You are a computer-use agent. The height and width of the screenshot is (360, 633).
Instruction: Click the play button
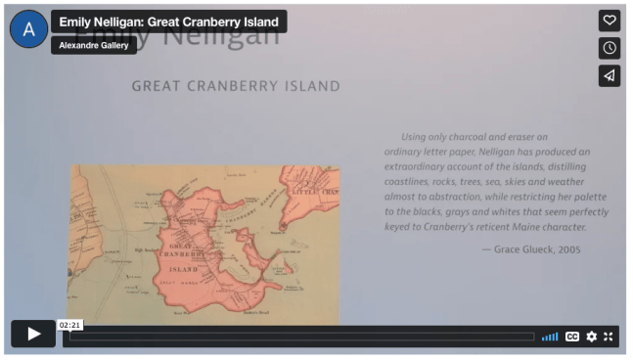click(x=33, y=334)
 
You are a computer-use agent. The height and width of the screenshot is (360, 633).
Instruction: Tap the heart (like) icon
click(x=609, y=21)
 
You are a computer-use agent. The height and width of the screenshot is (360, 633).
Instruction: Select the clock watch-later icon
click(x=609, y=48)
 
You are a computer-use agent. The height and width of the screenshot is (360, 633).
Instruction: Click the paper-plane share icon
click(x=609, y=75)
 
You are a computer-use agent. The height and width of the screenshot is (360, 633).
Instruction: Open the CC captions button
click(x=572, y=337)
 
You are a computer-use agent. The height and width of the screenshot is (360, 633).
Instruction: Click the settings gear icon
click(x=591, y=337)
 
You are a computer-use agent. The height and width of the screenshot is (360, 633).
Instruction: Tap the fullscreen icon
click(x=609, y=337)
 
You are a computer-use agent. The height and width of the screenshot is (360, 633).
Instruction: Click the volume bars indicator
click(x=550, y=337)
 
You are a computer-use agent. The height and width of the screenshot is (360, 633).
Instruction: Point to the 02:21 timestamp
click(x=68, y=325)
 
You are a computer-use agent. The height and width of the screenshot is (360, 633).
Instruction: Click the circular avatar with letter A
click(x=28, y=30)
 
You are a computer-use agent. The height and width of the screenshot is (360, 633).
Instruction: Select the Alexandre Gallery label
click(x=94, y=45)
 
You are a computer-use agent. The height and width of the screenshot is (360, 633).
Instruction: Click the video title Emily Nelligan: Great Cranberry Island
click(x=168, y=22)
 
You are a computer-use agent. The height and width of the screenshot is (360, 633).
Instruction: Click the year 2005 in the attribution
click(x=568, y=249)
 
